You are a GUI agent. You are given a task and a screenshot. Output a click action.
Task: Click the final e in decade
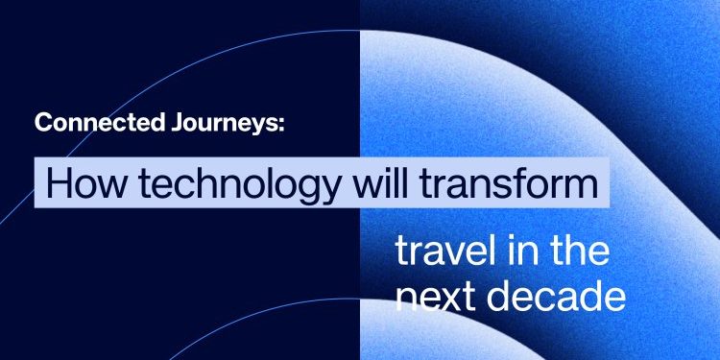613,299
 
